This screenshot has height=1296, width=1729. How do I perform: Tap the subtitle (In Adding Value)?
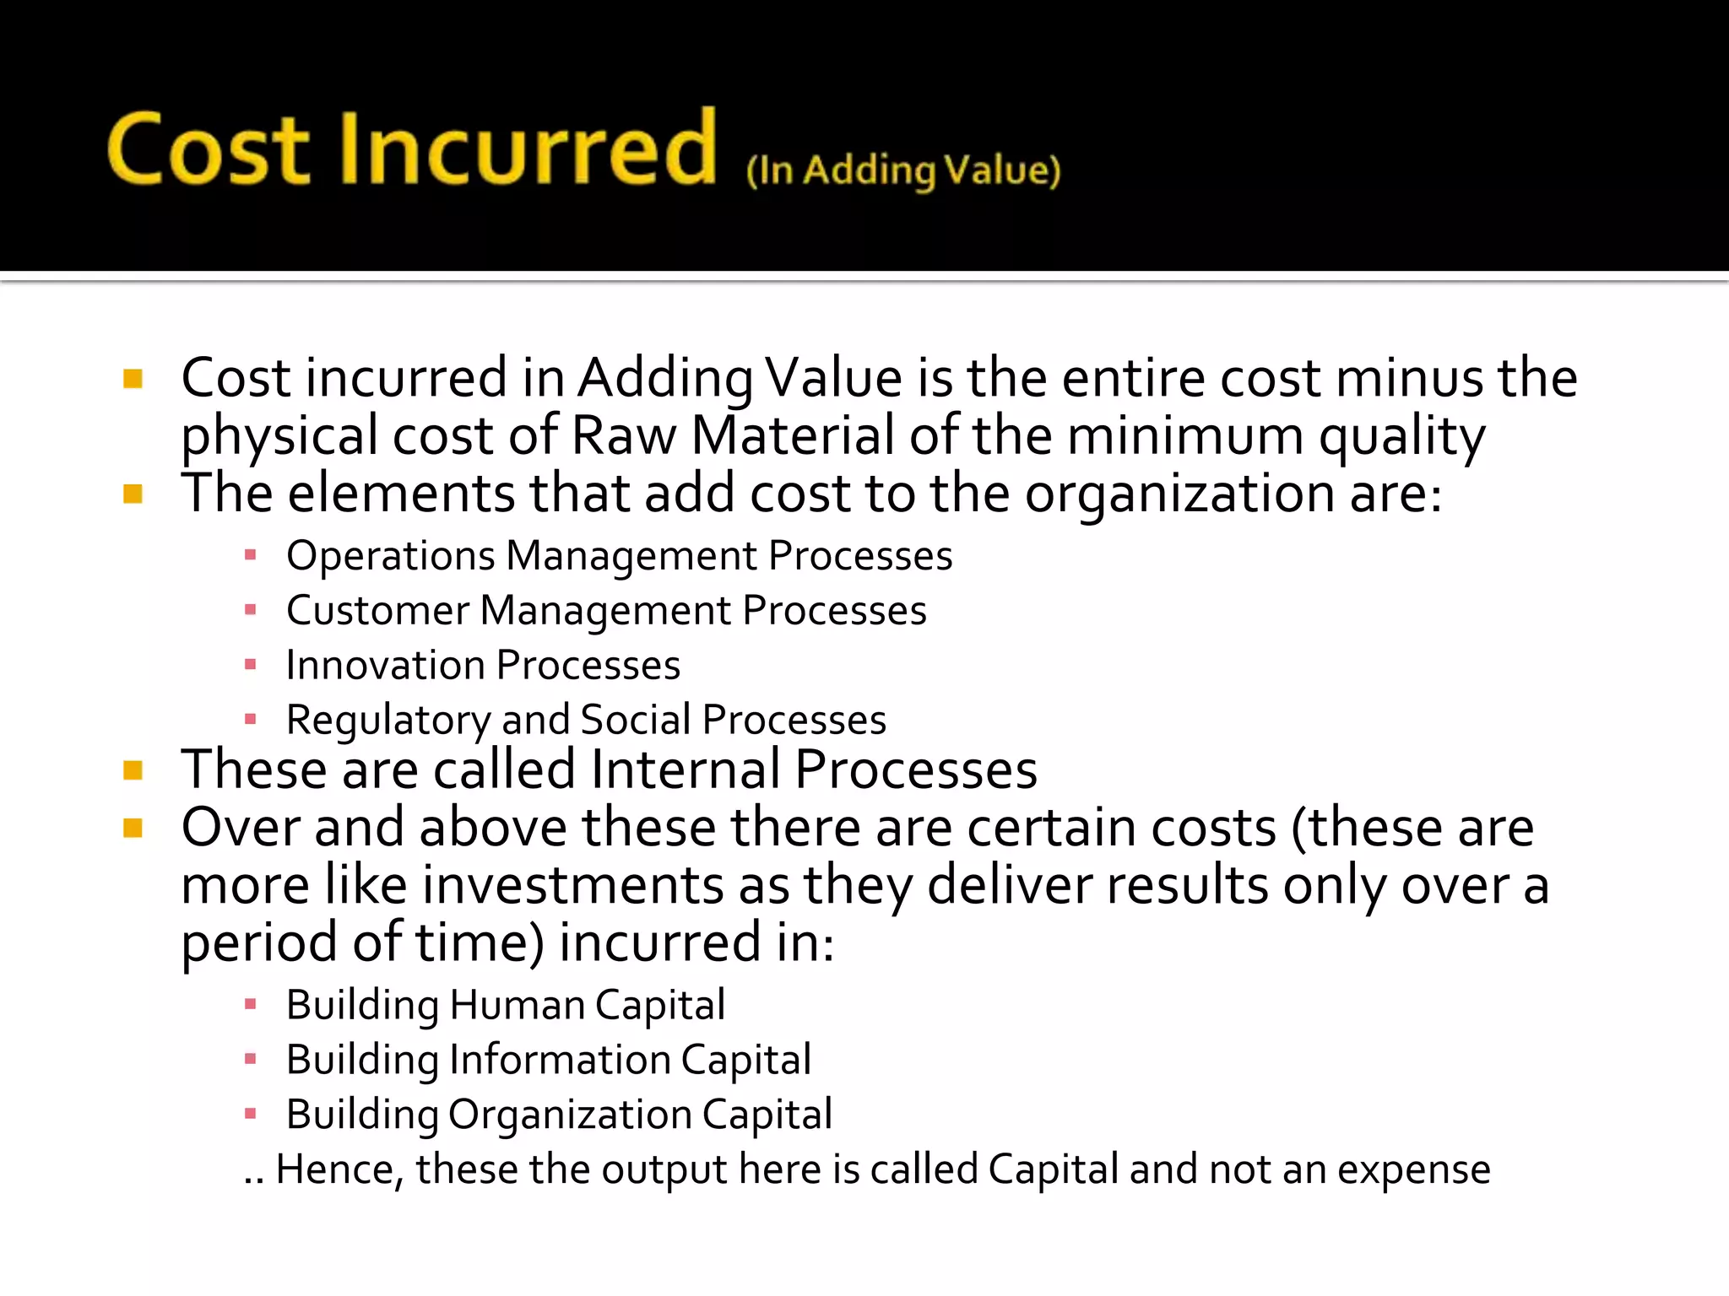(x=902, y=170)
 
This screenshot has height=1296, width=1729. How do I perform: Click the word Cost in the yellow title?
(x=209, y=149)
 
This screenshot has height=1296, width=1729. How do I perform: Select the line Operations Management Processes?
(x=619, y=556)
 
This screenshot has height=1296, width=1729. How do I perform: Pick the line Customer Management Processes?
(x=606, y=611)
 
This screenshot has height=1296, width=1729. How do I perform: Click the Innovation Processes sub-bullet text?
(x=483, y=666)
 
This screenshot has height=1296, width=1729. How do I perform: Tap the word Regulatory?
(x=388, y=721)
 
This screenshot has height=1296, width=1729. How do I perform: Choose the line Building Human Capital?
(x=505, y=1005)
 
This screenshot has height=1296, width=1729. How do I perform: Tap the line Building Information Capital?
(x=548, y=1060)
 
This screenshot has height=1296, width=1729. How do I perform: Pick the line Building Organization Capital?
(x=559, y=1115)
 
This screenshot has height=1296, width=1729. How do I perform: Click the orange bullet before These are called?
(x=133, y=769)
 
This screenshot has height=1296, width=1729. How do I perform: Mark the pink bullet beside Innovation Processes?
(x=250, y=665)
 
